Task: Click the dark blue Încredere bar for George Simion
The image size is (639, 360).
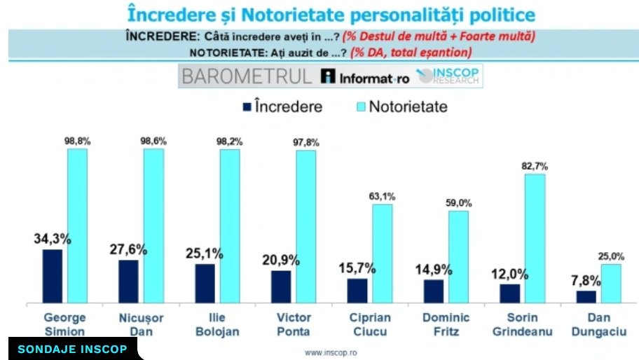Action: click(x=53, y=276)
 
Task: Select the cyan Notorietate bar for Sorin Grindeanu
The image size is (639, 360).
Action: click(x=535, y=238)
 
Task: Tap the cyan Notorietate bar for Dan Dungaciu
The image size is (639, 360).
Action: click(x=611, y=283)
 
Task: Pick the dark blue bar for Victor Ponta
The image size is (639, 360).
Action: click(x=281, y=286)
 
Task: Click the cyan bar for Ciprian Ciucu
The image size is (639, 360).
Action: click(x=383, y=254)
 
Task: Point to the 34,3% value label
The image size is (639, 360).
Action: click(x=53, y=237)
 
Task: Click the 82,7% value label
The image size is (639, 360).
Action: click(x=535, y=166)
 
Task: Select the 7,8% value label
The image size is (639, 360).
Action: click(x=586, y=279)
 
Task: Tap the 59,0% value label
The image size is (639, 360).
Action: click(x=459, y=203)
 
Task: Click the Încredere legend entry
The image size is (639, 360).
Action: click(x=281, y=107)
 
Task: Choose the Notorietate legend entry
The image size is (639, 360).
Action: click(x=401, y=107)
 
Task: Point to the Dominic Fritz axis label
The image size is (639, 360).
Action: click(x=446, y=324)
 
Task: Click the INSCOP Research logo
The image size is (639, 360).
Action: click(x=448, y=76)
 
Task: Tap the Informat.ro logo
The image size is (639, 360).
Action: click(x=364, y=77)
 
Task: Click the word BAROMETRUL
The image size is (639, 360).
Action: click(x=246, y=76)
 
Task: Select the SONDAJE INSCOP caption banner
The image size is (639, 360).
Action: click(x=72, y=349)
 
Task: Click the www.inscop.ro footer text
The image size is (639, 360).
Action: click(x=335, y=352)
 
